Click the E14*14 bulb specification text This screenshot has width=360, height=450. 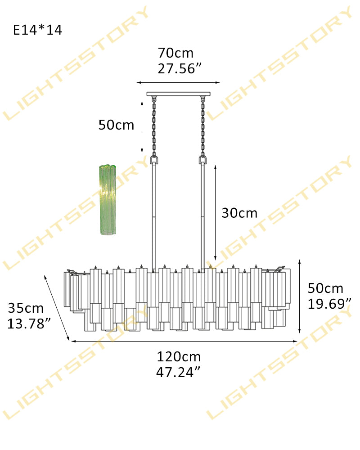38,30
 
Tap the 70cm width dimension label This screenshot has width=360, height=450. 175,53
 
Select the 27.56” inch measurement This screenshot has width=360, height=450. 180,68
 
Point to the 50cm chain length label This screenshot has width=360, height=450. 116,125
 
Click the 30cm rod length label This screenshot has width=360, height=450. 239,213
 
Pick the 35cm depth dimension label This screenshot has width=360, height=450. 26,308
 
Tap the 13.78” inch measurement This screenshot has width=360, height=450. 29,324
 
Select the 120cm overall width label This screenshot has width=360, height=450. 179,357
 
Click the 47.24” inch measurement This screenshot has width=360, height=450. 178,372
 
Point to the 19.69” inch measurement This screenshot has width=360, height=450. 329,304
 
